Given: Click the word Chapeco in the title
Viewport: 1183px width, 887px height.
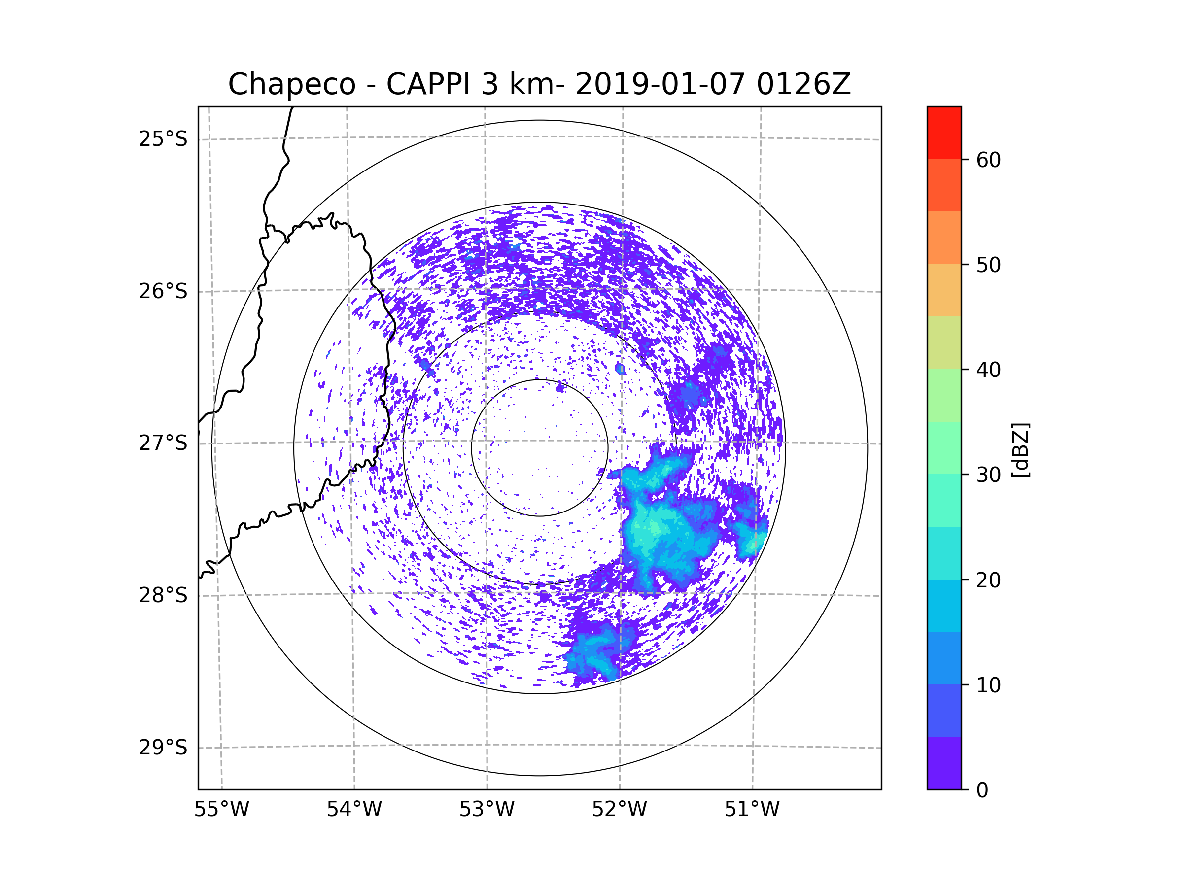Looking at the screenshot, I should (291, 84).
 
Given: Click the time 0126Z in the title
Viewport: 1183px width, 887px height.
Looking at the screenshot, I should (803, 84).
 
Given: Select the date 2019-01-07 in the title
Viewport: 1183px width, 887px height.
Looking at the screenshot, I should (660, 84).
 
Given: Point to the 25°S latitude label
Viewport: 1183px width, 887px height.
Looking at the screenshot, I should (163, 139).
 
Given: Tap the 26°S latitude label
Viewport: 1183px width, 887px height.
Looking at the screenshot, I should (163, 291).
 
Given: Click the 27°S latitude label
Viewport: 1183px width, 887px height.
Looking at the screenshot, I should (163, 443).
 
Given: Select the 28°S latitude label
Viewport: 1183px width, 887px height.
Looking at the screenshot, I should (163, 595).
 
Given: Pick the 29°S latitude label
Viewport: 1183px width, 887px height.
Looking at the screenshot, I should (163, 748).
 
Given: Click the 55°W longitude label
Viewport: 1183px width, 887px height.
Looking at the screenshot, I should (221, 810).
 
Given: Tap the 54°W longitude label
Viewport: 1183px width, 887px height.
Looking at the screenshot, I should (354, 810).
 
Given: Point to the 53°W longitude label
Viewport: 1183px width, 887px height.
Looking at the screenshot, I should (487, 810).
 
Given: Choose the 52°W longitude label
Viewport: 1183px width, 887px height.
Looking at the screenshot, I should (619, 810).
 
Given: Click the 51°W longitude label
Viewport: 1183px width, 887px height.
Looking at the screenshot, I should (752, 810).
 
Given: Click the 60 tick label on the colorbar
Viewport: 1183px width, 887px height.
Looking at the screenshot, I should (988, 160).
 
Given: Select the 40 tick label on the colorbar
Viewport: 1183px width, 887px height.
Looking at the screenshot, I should (988, 370).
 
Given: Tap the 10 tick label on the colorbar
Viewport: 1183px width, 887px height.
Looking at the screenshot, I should (988, 685).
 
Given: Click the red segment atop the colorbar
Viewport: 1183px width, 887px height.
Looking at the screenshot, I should (944, 133).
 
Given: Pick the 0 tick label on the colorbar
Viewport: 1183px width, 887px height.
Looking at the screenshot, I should (982, 790).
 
